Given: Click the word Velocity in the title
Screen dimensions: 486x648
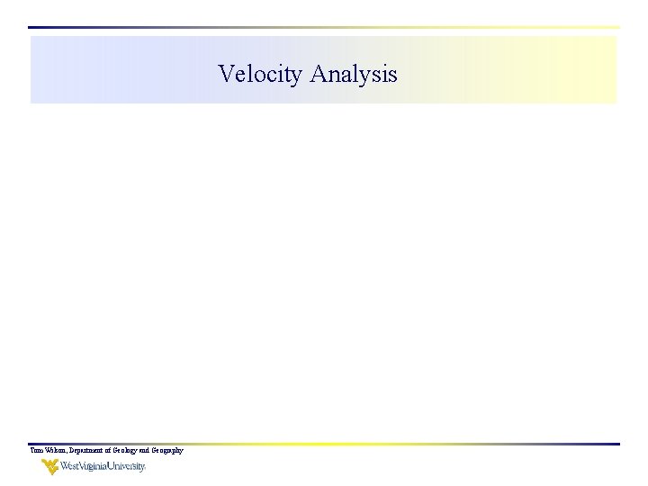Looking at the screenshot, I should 260,74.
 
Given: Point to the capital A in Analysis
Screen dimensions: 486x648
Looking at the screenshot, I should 318,73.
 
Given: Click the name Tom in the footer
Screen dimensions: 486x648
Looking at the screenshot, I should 35,450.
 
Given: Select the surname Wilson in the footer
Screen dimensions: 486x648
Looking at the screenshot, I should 52,450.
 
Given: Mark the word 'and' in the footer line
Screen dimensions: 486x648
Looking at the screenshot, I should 148,450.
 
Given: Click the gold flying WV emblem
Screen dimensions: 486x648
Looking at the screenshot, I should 49,466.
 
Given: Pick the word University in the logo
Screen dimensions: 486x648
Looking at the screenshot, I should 126,466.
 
